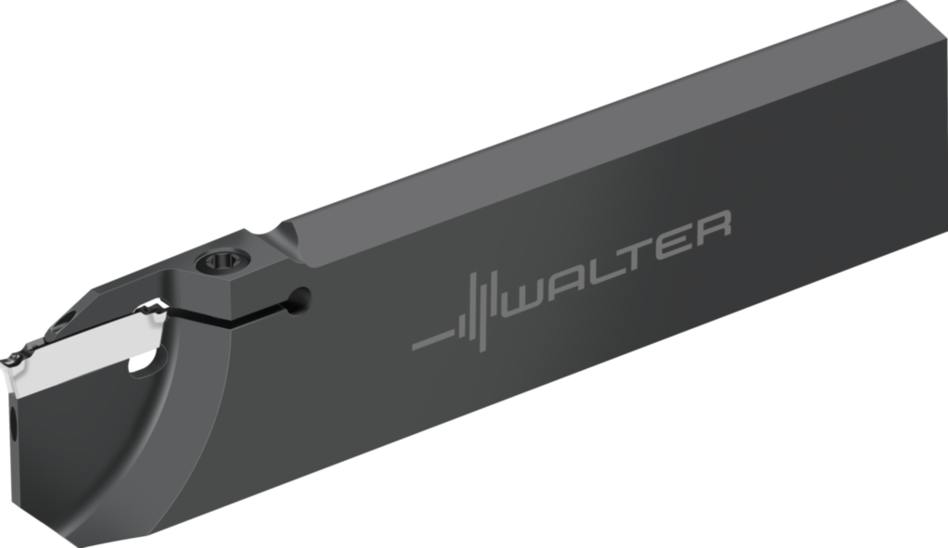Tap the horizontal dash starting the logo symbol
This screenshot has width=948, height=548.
[x=430, y=339]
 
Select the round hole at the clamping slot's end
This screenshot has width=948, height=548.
[x=299, y=299]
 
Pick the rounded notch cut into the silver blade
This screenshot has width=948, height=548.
[x=144, y=361]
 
